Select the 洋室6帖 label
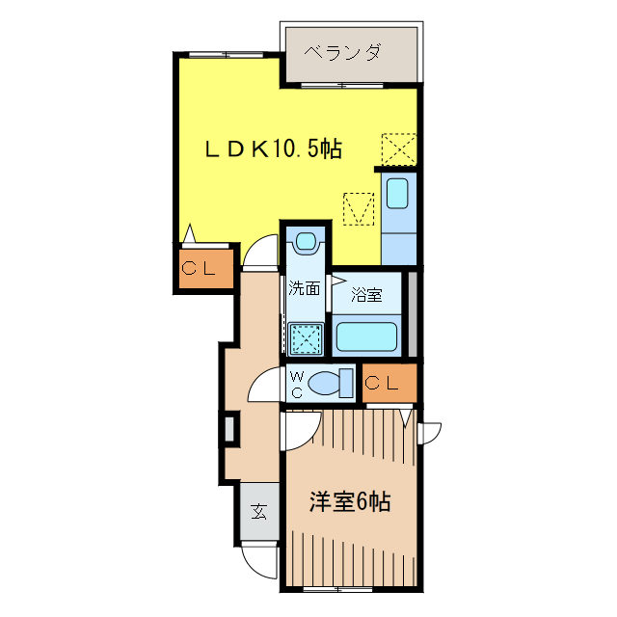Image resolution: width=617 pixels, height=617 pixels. (x=349, y=501)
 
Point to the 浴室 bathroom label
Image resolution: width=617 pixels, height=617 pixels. (x=366, y=295)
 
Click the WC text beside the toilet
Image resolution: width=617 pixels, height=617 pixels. (x=298, y=384)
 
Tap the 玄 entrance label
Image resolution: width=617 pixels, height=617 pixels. (x=259, y=511)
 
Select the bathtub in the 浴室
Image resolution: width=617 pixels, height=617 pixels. (x=366, y=338)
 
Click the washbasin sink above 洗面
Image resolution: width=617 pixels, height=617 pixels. (x=307, y=241)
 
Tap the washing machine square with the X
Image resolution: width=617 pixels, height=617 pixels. (x=307, y=339)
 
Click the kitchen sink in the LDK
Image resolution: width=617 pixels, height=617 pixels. (x=397, y=193)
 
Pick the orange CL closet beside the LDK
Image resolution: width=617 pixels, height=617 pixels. (x=205, y=269)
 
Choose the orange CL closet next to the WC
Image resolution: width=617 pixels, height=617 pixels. (x=389, y=383)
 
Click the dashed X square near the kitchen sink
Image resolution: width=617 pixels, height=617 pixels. (x=398, y=149)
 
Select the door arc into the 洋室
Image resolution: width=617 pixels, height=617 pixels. (x=298, y=431)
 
